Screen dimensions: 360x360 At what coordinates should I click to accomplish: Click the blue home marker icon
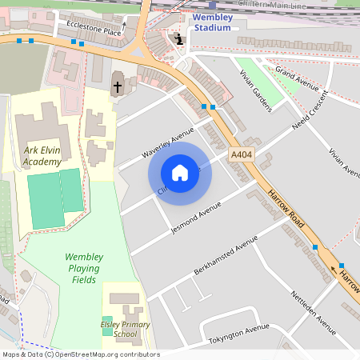[x=180, y=172]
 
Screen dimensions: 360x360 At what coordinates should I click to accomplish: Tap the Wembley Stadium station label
[x=212, y=22]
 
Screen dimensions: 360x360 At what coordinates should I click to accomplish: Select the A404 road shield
[x=241, y=155]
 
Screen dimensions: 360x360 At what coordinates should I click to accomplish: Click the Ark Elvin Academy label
[x=42, y=156]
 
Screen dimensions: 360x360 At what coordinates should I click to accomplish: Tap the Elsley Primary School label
[x=124, y=329]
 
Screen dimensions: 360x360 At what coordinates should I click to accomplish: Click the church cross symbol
[x=118, y=86]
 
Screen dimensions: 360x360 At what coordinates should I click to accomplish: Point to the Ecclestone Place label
[x=94, y=29]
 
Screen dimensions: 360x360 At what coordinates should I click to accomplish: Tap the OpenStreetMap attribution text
[x=80, y=354]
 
